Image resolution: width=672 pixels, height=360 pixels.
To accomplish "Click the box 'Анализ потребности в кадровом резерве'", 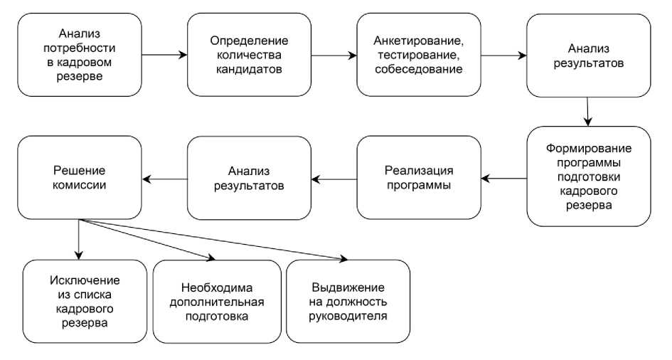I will pos(80,55).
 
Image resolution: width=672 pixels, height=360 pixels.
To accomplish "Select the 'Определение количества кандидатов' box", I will pos(250,55).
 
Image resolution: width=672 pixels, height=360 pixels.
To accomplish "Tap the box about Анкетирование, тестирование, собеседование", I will pos(419,55).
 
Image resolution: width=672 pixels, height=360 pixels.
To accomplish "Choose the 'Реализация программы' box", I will pos(419,177).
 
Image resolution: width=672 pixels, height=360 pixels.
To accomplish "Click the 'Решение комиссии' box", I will pos(80,177).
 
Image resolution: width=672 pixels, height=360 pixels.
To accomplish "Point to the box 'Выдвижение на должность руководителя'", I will pos(348,301).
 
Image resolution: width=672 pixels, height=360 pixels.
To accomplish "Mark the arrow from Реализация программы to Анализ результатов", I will pos(334,178).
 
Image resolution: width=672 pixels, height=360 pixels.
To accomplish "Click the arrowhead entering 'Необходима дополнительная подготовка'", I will pos(210,259).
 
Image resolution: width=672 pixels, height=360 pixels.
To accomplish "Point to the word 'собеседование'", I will pos(419,70).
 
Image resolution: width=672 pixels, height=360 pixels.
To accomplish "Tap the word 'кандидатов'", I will pos(250,70).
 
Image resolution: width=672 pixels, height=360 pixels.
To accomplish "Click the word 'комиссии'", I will pos(80,185).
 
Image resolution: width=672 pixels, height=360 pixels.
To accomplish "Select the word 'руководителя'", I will pos(348,315).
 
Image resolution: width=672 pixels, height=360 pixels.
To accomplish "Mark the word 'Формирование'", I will pos(589,147).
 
